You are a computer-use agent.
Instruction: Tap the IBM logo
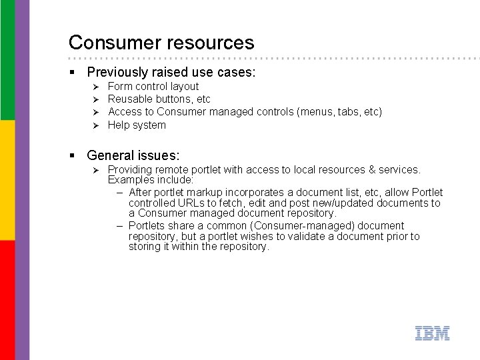(432, 333)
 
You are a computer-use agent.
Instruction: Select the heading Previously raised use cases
(171, 72)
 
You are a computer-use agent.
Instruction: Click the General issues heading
(133, 155)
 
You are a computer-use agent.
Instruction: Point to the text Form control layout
(153, 87)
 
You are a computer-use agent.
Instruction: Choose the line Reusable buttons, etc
(159, 99)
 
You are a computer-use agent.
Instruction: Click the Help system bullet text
(137, 125)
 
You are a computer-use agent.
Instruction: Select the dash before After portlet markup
(119, 193)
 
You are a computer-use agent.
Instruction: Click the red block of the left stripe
(7, 300)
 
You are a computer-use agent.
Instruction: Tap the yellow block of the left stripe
(7, 180)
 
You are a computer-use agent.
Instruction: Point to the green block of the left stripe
(7, 60)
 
